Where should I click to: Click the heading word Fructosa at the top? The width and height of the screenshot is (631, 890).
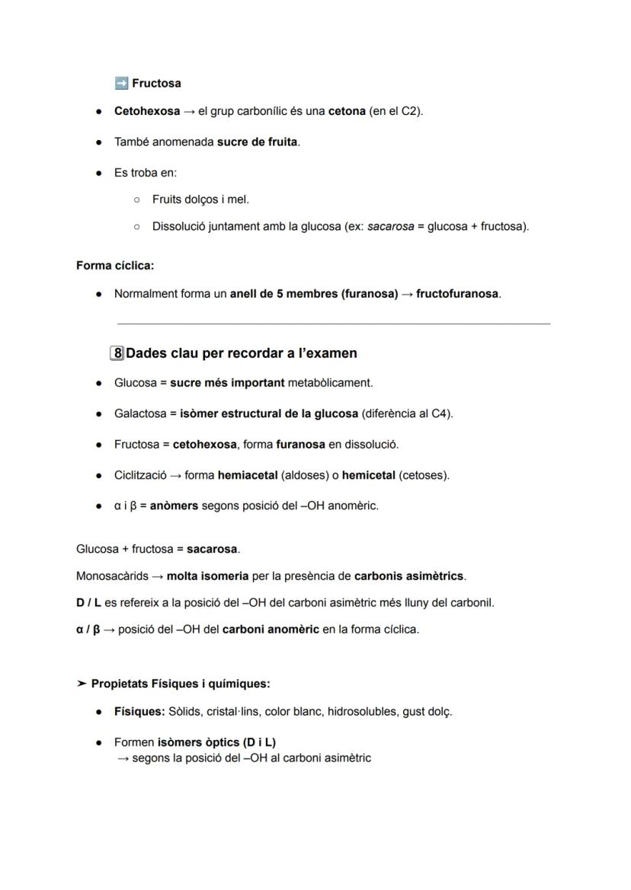(x=156, y=83)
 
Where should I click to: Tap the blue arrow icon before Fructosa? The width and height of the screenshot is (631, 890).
(x=120, y=83)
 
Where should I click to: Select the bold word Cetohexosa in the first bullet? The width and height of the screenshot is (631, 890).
(x=147, y=111)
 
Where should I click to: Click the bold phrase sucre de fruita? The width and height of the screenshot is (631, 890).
(x=257, y=142)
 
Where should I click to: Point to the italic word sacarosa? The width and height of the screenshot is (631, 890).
(x=390, y=226)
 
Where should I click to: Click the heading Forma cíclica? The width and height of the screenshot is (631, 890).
(x=115, y=266)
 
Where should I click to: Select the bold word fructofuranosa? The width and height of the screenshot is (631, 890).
(x=457, y=293)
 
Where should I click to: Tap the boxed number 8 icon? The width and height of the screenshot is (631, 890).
(x=117, y=353)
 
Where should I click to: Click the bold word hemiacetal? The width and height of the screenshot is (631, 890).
(x=247, y=475)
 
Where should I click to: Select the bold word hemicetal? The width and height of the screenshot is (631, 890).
(x=370, y=475)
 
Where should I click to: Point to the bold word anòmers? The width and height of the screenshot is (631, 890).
(x=174, y=506)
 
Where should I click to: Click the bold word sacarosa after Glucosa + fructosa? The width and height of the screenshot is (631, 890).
(x=213, y=549)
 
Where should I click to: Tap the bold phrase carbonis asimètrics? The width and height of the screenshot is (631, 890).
(x=408, y=576)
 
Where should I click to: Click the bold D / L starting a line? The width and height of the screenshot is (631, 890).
(x=88, y=602)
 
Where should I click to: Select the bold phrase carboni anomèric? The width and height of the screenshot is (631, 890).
(x=271, y=630)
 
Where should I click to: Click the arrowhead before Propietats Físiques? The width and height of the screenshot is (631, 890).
(x=82, y=684)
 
